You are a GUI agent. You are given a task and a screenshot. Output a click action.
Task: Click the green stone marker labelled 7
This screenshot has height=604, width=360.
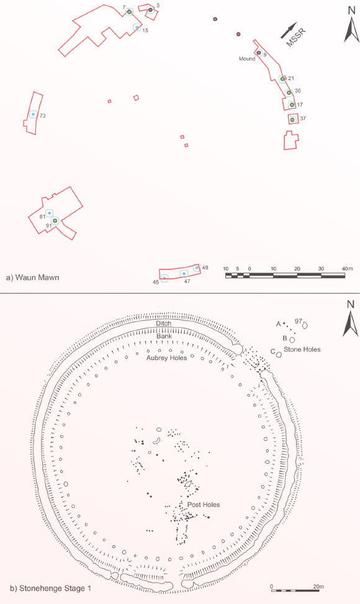point(130,12)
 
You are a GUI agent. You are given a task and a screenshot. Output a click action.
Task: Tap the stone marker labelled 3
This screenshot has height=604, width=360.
point(151,10)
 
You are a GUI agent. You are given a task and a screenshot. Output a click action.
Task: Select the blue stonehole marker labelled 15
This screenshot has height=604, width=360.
point(137,27)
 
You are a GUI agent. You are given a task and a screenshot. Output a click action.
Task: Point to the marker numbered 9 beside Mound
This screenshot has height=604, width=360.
point(259,53)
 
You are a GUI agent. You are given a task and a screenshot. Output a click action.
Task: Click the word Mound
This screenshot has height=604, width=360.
point(247,59)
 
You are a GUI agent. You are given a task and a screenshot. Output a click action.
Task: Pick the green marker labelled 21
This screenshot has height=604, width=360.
point(282,79)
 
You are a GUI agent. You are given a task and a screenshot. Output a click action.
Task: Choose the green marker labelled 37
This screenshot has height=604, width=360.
point(292,120)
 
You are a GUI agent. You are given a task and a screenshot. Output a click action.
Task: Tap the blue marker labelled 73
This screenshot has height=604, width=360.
point(33,114)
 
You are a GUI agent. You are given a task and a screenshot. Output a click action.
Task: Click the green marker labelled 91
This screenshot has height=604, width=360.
point(55,221)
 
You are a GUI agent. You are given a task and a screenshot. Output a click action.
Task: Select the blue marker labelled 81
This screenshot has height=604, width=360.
point(49,213)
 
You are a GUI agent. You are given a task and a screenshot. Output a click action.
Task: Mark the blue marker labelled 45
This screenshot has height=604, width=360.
point(164,278)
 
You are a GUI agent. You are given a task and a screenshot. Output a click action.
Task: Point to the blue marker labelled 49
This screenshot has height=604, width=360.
point(197,268)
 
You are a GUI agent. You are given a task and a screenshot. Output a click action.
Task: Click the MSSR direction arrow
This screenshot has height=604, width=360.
point(289,30)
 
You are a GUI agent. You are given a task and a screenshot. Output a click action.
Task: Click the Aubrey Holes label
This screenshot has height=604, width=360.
point(166,358)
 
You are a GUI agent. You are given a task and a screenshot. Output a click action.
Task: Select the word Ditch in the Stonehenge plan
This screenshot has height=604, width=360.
point(164,323)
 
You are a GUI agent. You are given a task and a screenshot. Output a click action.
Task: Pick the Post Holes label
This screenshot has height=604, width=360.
point(204,505)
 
